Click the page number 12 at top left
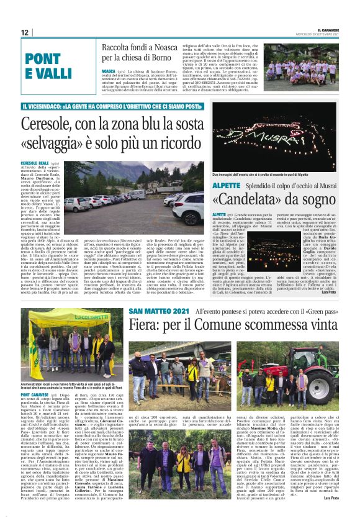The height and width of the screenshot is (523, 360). pyautogui.click(x=25, y=32)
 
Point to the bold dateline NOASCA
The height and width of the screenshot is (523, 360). pyautogui.click(x=109, y=71)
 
